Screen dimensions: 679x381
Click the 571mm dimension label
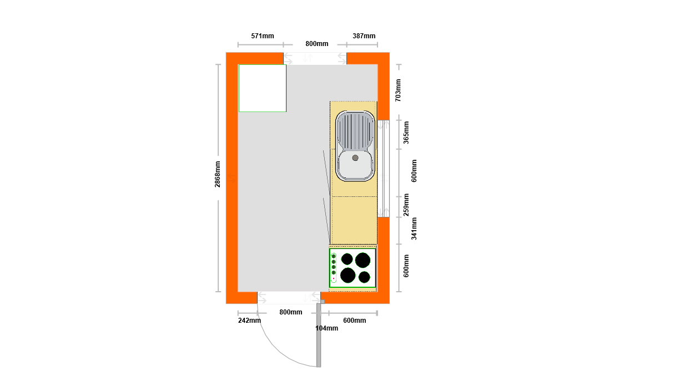tap(262, 36)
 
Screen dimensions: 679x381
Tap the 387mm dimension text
tap(364, 36)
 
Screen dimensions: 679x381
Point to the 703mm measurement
tap(398, 90)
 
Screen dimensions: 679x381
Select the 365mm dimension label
tap(406, 133)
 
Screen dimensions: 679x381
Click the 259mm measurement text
tap(406, 205)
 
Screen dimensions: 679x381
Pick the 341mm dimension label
tap(414, 228)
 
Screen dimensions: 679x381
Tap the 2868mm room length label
tap(218, 174)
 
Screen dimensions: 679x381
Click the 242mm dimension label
tap(249, 321)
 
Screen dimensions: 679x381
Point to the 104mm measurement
tap(326, 328)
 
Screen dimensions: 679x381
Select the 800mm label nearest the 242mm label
tap(291, 312)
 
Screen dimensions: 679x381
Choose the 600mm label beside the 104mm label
tap(354, 321)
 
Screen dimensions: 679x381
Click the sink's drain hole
tap(355, 158)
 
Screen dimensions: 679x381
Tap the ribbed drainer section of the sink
tap(355, 131)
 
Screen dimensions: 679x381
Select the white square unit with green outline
tap(263, 88)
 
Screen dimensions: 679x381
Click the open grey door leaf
tap(319, 336)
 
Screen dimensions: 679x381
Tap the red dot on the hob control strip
tap(334, 278)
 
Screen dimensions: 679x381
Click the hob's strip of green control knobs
tap(334, 268)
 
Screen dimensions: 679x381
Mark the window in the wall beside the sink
tap(384, 169)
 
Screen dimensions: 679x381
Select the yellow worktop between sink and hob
tap(354, 220)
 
